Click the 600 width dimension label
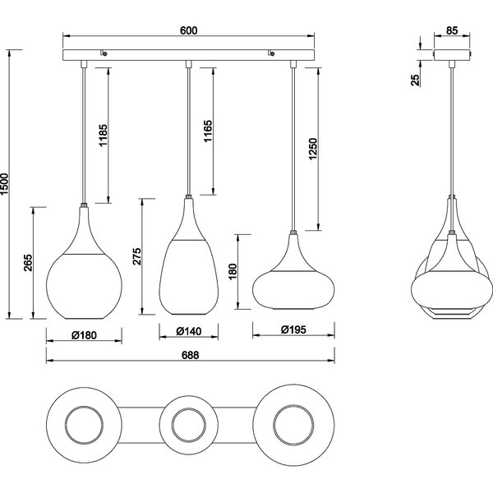[189, 30]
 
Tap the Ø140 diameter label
[188, 333]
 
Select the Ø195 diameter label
[294, 330]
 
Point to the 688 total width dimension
[190, 355]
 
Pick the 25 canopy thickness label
[415, 79]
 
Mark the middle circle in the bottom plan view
[190, 426]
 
